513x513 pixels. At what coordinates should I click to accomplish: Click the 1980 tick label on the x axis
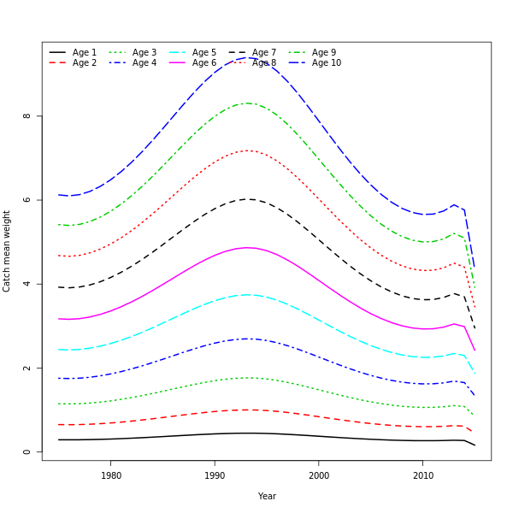pyautogui.click(x=111, y=476)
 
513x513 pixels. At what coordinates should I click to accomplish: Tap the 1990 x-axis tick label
pyautogui.click(x=215, y=476)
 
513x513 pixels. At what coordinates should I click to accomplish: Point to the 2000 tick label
pyautogui.click(x=319, y=476)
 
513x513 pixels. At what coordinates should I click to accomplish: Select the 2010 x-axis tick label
pyautogui.click(x=422, y=476)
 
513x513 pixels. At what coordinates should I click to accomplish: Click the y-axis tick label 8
pyautogui.click(x=27, y=116)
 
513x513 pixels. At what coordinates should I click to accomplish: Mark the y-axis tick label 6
pyautogui.click(x=27, y=200)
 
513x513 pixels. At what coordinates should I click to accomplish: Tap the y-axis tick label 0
pyautogui.click(x=27, y=452)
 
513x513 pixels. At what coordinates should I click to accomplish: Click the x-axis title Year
pyautogui.click(x=267, y=497)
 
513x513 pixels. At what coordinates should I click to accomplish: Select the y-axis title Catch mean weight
pyautogui.click(x=7, y=251)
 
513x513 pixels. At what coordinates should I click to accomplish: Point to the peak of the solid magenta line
pyautogui.click(x=247, y=248)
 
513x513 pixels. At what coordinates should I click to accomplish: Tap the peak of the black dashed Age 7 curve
pyautogui.click(x=249, y=199)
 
